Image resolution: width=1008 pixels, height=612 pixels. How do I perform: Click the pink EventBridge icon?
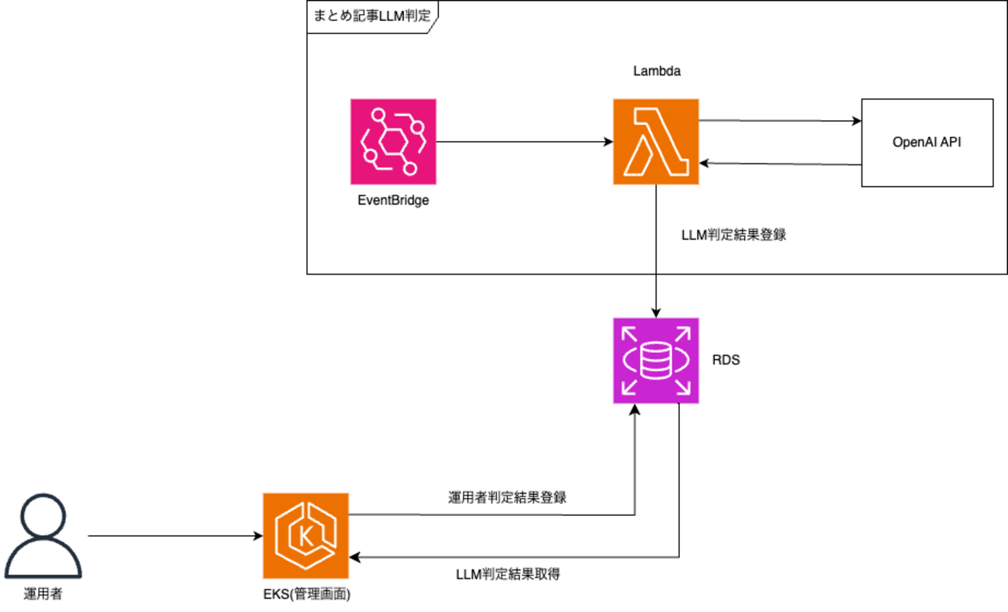[392, 141]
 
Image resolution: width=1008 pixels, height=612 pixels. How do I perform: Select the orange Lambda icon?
[655, 141]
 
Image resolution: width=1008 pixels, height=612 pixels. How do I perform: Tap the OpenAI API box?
[927, 143]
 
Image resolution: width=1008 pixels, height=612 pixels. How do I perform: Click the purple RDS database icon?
[656, 360]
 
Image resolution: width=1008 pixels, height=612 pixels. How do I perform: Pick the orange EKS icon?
[306, 535]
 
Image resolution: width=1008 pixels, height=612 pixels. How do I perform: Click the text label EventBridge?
[392, 201]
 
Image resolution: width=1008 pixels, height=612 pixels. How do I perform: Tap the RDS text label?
[726, 360]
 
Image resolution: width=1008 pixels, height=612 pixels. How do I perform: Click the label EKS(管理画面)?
[306, 595]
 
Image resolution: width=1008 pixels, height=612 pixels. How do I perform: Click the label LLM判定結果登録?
[734, 234]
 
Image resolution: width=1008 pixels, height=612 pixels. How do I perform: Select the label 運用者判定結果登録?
[507, 498]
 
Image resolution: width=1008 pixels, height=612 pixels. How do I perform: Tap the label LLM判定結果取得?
[507, 576]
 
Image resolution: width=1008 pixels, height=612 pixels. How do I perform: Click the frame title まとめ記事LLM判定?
[370, 15]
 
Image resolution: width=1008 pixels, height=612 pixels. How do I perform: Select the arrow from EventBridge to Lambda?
[524, 142]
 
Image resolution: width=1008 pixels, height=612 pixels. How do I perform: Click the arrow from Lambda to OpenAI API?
[780, 121]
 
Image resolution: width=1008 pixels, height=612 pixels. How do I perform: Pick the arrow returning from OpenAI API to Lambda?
[780, 164]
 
